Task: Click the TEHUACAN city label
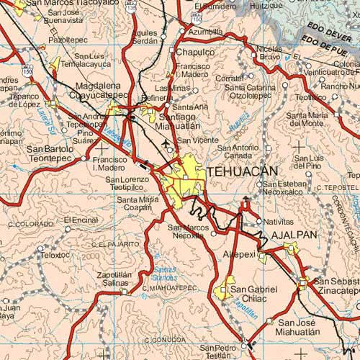[x=242, y=172]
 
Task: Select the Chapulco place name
[x=195, y=53]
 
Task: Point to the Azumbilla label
[x=205, y=32]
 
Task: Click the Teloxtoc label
[x=56, y=255]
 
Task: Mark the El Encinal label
[x=81, y=220]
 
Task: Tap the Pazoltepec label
[x=70, y=41]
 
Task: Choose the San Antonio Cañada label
[x=239, y=151]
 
